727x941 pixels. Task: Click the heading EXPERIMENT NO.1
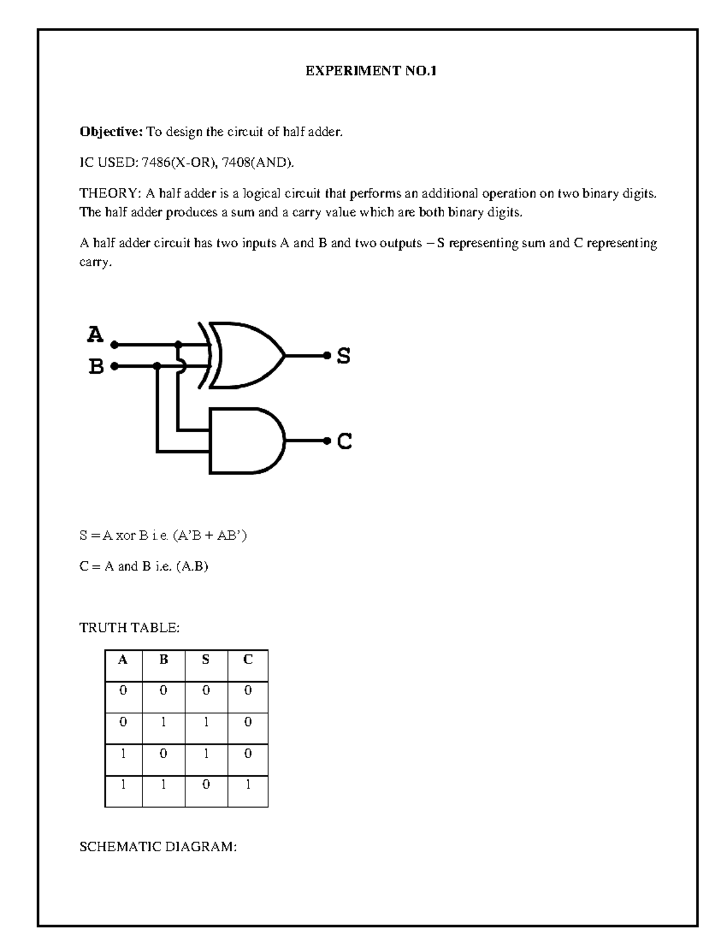point(370,71)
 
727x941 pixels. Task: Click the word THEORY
point(108,194)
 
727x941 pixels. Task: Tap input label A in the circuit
point(95,334)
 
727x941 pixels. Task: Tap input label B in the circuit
point(96,367)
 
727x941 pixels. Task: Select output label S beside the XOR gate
point(344,356)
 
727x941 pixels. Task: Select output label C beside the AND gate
point(344,442)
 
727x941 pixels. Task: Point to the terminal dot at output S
point(327,356)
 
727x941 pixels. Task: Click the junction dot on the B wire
point(158,366)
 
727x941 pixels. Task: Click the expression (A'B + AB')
point(210,536)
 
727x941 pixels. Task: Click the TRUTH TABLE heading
point(129,628)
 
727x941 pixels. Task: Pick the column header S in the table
point(206,660)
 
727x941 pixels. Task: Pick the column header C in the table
point(248,660)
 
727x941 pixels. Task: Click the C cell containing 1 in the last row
point(248,784)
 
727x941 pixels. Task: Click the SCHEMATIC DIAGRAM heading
point(158,847)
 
